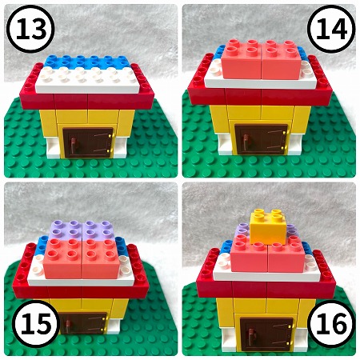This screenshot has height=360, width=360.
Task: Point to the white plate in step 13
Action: coord(88,78)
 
